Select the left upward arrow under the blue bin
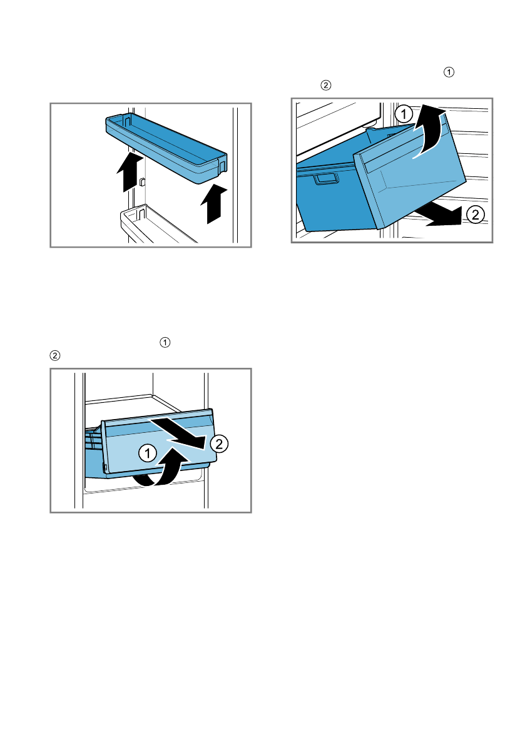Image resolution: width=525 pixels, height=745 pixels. coord(130,172)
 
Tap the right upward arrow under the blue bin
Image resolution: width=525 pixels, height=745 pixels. coord(214,204)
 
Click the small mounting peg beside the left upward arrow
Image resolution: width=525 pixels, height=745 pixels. coord(142,181)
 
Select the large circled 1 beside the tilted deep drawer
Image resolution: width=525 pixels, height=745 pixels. coord(404,114)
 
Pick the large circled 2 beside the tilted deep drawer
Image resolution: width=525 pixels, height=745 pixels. coord(476,215)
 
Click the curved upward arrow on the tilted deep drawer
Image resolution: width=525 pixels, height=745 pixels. coord(430,133)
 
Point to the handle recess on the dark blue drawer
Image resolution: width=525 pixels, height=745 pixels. coord(325,178)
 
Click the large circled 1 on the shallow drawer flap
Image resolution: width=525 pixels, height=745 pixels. coord(148,453)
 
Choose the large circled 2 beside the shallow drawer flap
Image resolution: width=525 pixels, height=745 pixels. coord(219,443)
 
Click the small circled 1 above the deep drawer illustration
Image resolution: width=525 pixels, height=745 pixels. coord(449,72)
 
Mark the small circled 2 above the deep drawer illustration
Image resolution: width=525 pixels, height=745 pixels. coord(326,86)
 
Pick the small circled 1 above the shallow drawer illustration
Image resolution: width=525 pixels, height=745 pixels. coord(165,343)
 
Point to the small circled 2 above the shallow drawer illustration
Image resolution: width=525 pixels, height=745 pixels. coord(55,356)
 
